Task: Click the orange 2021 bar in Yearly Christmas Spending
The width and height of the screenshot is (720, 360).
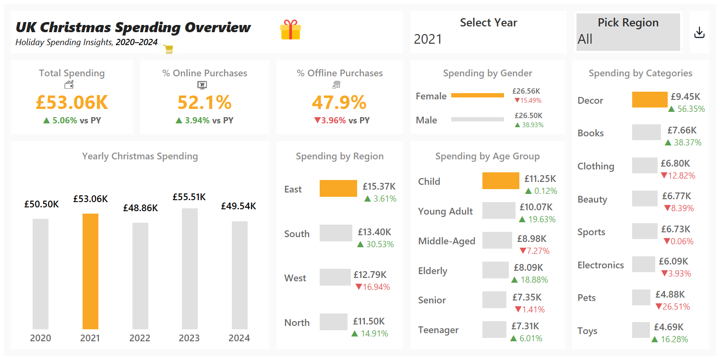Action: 90,271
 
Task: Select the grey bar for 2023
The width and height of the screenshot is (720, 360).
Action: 190,269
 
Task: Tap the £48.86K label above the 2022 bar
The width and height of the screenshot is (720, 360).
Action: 140,208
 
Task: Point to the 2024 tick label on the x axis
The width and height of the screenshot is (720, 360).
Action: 239,338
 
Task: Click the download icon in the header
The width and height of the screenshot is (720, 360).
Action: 699,33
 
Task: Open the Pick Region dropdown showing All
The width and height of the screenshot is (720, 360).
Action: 628,32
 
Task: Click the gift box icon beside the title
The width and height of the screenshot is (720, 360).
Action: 290,30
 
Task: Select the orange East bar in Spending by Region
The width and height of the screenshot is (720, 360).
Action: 338,188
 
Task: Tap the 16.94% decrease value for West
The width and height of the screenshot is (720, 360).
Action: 372,287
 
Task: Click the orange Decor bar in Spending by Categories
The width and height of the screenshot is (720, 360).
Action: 649,100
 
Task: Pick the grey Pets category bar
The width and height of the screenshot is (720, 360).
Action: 641,298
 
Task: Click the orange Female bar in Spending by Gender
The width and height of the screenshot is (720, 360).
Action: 478,96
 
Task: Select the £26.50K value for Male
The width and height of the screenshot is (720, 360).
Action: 528,115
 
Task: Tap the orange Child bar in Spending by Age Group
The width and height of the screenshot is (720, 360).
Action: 501,181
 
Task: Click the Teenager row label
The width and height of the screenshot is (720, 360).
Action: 438,330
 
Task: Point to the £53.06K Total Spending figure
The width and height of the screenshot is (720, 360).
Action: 72,102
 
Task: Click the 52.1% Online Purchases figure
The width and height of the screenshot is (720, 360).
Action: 204,102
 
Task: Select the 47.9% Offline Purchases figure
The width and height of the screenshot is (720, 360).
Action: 339,102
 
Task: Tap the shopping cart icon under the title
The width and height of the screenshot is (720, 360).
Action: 168,49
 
